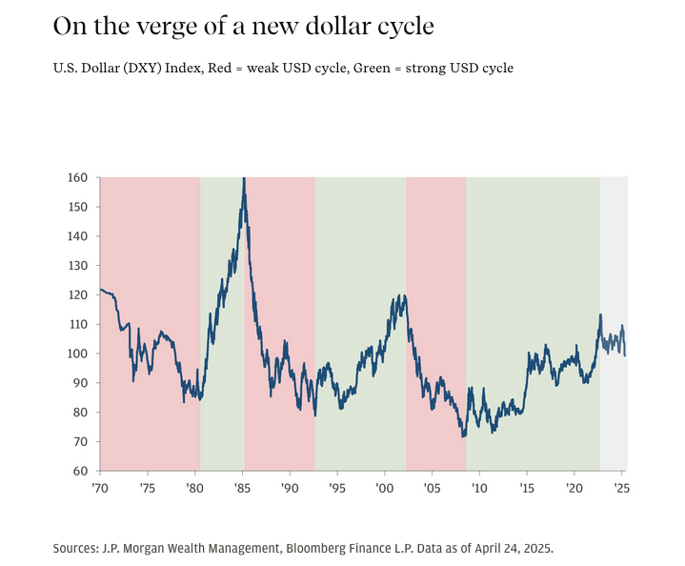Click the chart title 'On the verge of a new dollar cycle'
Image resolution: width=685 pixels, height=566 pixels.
pyautogui.click(x=243, y=26)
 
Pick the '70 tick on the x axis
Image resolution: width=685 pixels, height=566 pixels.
pyautogui.click(x=99, y=487)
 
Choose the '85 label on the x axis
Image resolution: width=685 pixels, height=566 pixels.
pyautogui.click(x=242, y=487)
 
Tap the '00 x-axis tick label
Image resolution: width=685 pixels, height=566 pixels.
pyautogui.click(x=384, y=487)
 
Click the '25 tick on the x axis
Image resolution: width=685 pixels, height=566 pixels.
pyautogui.click(x=622, y=487)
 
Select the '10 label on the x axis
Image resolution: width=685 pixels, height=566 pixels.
pyautogui.click(x=479, y=487)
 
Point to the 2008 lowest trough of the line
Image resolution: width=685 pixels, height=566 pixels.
pyautogui.click(x=463, y=436)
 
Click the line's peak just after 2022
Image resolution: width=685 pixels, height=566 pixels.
pyautogui.click(x=600, y=314)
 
